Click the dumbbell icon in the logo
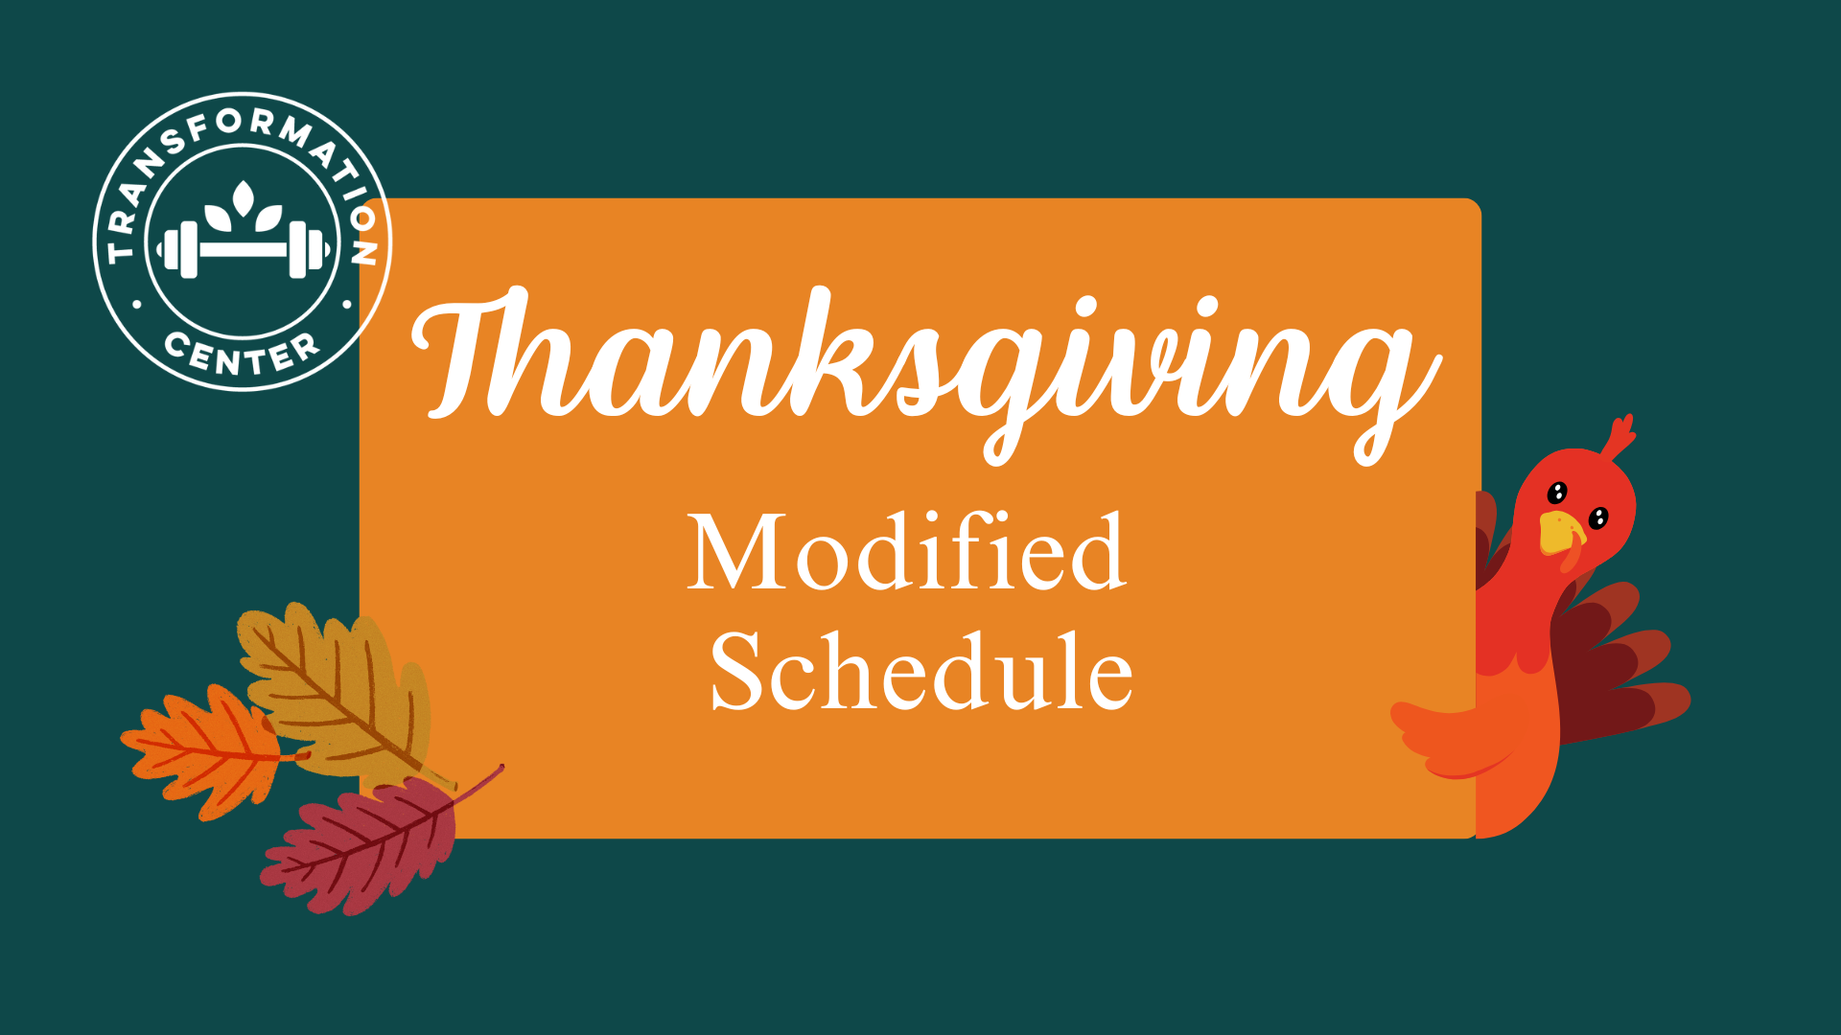pos(244,249)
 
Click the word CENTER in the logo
pos(242,353)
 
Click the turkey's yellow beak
pos(1560,534)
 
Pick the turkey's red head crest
pos(1618,438)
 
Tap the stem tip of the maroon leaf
pos(501,767)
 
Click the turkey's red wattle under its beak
pos(1573,554)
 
